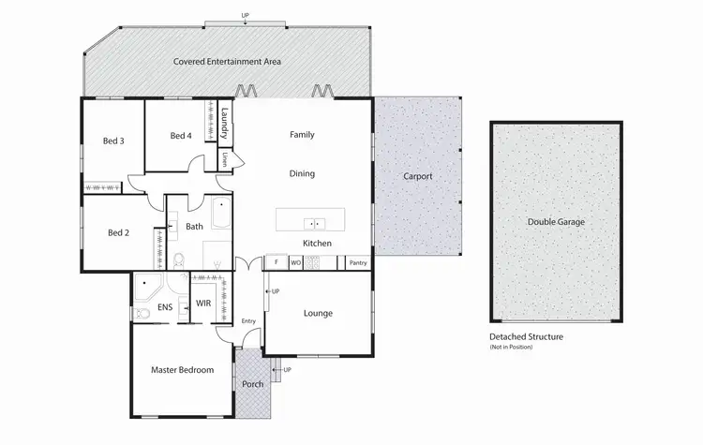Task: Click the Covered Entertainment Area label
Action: pyautogui.click(x=227, y=62)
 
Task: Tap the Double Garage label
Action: pyautogui.click(x=555, y=222)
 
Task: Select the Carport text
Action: pyautogui.click(x=417, y=176)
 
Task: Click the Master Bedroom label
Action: pyautogui.click(x=182, y=370)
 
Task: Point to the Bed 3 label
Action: pyautogui.click(x=113, y=141)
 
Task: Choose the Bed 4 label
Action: pyautogui.click(x=181, y=136)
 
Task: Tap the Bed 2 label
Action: pyautogui.click(x=117, y=232)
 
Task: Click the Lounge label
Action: pyautogui.click(x=318, y=313)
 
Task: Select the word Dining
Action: pyautogui.click(x=302, y=173)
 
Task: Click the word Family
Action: pyautogui.click(x=302, y=135)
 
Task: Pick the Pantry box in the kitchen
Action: pyautogui.click(x=357, y=263)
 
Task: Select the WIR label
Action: pyautogui.click(x=203, y=304)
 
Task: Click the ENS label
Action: pyautogui.click(x=165, y=306)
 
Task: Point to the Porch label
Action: pyautogui.click(x=253, y=384)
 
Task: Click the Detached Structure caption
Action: pyautogui.click(x=526, y=336)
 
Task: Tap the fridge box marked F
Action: pyautogui.click(x=277, y=263)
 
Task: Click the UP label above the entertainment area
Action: pyautogui.click(x=246, y=16)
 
